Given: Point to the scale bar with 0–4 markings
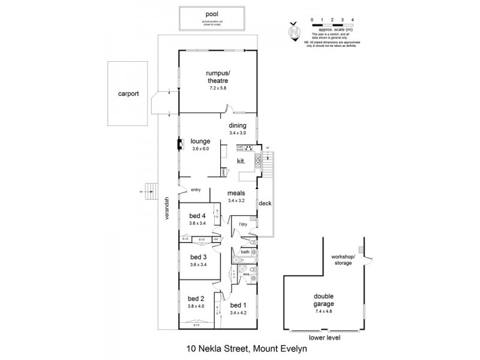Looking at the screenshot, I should pos(329,24).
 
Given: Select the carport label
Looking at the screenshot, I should pos(128,94).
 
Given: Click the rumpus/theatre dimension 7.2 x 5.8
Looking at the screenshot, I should pos(217,88).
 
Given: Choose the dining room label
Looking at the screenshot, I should pos(238,125).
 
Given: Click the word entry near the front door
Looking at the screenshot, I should pos(195,190).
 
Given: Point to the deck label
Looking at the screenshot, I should pos(265,203).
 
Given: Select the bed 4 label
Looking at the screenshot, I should pos(197,216).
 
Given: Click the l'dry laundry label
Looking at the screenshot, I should pos(243,224).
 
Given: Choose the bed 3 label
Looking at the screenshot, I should pos(197,256).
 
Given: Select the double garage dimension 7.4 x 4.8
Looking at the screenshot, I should pos(323,311).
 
